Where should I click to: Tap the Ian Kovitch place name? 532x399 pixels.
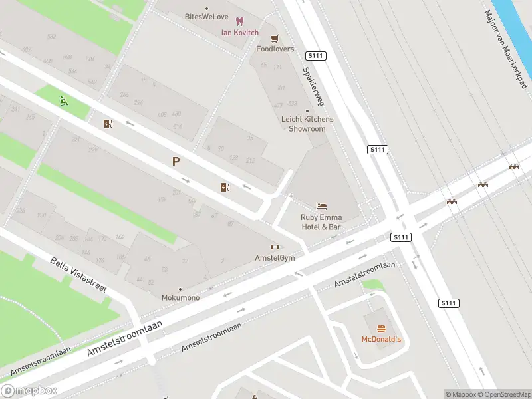click(x=240, y=33)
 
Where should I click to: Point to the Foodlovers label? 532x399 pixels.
click(x=275, y=49)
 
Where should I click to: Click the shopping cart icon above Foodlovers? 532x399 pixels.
click(x=275, y=38)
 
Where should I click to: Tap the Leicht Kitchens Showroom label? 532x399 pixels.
click(x=307, y=124)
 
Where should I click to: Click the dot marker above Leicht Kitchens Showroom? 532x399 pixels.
click(x=307, y=111)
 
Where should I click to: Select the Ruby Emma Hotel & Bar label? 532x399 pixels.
click(x=321, y=222)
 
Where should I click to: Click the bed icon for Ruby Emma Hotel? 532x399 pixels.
click(x=322, y=206)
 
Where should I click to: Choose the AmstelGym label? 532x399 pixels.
click(x=275, y=257)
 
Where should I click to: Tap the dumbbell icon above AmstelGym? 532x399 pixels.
click(x=275, y=247)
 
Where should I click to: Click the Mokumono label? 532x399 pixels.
click(x=180, y=297)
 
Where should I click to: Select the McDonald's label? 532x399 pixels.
click(x=381, y=340)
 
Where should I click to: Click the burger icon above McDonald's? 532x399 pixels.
click(x=381, y=329)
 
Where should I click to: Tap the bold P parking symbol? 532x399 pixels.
click(x=176, y=162)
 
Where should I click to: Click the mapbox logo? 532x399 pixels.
click(x=28, y=390)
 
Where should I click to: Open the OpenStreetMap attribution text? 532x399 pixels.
click(x=503, y=394)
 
